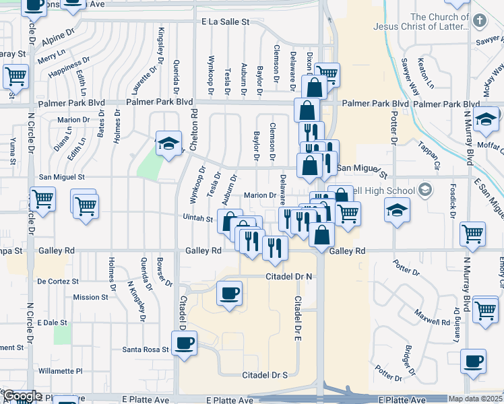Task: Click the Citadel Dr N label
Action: [x=289, y=277]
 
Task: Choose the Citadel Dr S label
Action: [x=265, y=374]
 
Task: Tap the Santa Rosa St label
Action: [x=145, y=349]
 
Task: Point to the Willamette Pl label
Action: [x=60, y=370]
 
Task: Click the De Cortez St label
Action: [x=58, y=281]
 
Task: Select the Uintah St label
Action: [x=198, y=218]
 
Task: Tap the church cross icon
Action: [x=480, y=20]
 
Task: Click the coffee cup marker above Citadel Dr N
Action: [x=230, y=294]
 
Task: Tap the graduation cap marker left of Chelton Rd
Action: [x=168, y=143]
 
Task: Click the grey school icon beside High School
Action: [x=424, y=189]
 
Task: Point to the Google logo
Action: [x=22, y=396]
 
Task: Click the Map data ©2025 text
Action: [x=476, y=399]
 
